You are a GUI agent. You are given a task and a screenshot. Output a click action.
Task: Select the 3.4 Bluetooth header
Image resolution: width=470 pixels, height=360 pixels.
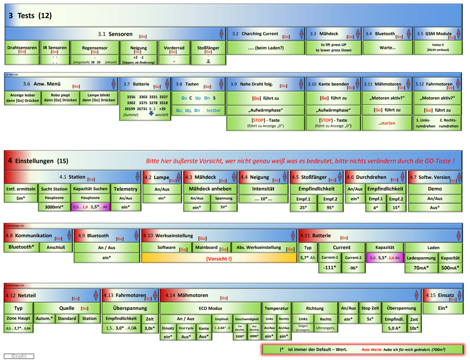pos(387,34)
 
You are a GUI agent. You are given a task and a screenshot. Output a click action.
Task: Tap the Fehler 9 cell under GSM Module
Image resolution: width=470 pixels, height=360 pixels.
pos(438,47)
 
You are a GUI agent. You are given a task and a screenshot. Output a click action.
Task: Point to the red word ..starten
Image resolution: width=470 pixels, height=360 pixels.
pos(387,123)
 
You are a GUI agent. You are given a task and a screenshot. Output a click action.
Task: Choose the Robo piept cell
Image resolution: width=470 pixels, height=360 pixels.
pos(60,98)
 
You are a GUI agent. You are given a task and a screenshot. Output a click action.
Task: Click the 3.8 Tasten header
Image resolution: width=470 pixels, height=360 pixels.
pos(198,84)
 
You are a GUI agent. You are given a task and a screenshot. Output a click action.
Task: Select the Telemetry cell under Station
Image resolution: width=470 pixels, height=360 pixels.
pos(125,189)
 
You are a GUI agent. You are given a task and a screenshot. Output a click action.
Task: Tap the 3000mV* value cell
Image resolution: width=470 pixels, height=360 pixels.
pos(54,207)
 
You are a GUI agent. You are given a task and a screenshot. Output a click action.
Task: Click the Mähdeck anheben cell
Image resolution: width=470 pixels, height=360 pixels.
pos(210,189)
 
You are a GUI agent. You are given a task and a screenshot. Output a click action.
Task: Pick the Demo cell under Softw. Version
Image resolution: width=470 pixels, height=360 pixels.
pos(435,189)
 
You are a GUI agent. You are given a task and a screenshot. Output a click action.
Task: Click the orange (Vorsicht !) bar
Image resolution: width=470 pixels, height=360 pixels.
pos(219,259)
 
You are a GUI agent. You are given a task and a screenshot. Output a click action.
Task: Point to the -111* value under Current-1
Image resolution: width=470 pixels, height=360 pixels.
pos(330,268)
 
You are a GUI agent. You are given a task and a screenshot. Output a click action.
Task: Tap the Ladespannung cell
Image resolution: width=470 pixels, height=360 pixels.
pos(421,258)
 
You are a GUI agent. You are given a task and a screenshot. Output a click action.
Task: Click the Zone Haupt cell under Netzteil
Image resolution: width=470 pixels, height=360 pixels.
pos(18,318)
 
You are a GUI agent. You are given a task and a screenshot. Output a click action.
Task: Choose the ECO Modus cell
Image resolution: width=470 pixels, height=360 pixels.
pos(210,308)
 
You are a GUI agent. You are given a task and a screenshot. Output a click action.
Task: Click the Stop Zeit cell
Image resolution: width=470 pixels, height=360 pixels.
pos(370,308)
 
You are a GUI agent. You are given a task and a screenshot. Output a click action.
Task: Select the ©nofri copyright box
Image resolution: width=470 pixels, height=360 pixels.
pos(19,356)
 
